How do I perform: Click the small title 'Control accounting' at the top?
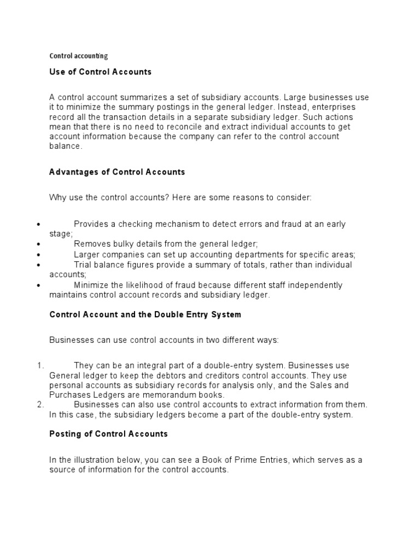click(x=79, y=56)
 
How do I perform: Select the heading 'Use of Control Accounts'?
click(x=101, y=72)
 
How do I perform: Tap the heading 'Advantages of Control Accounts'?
click(x=117, y=172)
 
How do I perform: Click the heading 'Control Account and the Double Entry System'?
click(x=145, y=314)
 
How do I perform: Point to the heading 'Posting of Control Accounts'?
click(x=108, y=434)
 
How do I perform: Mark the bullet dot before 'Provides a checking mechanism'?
click(x=38, y=225)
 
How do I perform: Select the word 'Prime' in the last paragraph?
click(x=252, y=460)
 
